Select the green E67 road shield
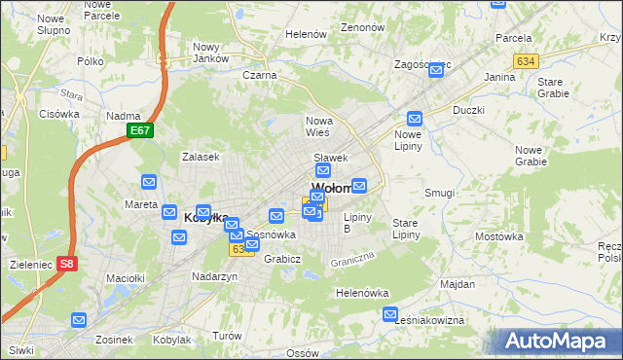coord(140,130)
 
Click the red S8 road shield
coord(66,264)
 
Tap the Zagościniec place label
coord(421,65)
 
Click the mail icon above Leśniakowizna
coord(390,314)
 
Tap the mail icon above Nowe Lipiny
coord(415,118)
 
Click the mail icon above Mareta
coord(149,182)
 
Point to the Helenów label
coord(305,34)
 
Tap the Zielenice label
coord(25,264)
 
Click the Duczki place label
coord(468,110)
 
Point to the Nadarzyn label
coord(215,276)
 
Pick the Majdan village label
coord(458,285)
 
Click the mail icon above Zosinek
coord(79,319)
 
